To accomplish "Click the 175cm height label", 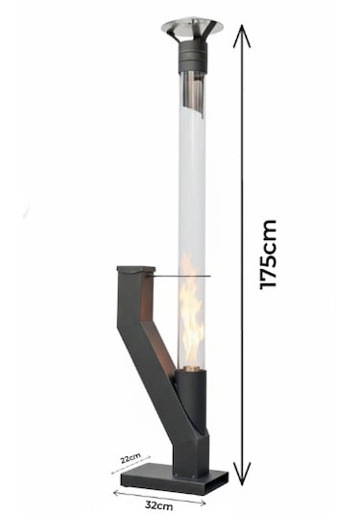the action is pyautogui.click(x=268, y=255).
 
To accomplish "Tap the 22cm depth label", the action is pyautogui.click(x=131, y=457).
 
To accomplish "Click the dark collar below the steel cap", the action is pyautogui.click(x=193, y=57).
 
